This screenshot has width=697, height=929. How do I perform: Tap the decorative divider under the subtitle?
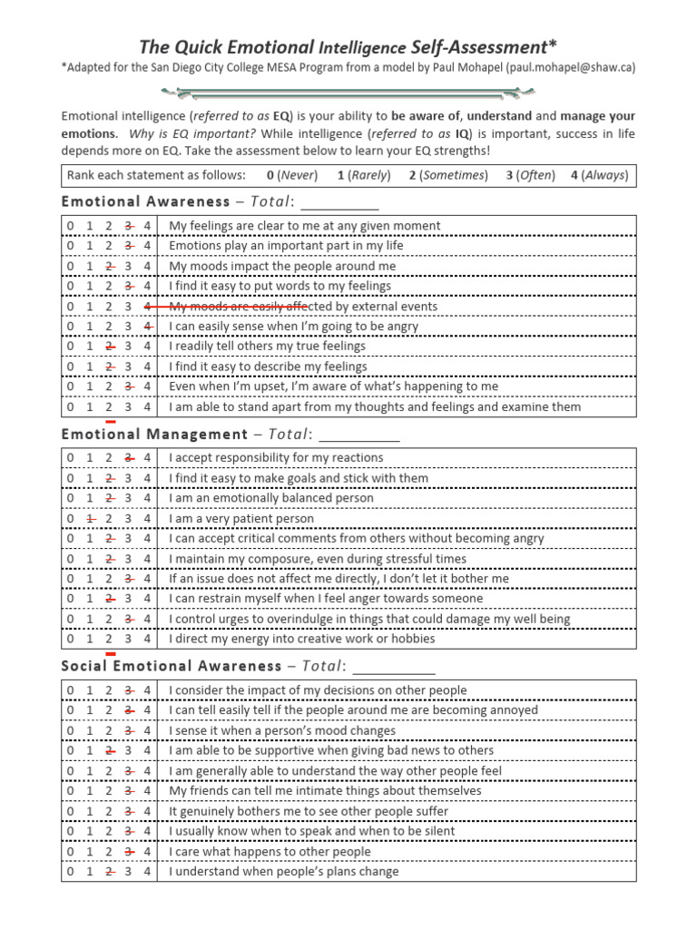(x=348, y=92)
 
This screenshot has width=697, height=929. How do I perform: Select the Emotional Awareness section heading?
(x=145, y=201)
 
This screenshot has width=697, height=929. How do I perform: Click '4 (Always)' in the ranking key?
(x=599, y=175)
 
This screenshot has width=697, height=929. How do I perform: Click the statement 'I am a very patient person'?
(x=241, y=519)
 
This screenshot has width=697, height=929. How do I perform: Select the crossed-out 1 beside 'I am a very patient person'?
(x=91, y=519)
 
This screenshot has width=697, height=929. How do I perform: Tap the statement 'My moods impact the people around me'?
(x=282, y=266)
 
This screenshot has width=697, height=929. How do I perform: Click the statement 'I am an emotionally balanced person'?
(x=271, y=498)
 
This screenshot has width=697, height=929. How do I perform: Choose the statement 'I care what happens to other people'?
(x=270, y=852)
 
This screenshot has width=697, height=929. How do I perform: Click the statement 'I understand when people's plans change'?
(x=283, y=872)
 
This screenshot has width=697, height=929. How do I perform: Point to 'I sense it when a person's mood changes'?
(x=282, y=730)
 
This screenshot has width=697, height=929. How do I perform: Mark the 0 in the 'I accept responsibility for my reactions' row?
(x=71, y=457)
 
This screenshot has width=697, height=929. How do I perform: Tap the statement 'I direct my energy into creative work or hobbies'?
(x=302, y=639)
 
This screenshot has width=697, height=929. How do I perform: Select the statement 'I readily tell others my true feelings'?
(x=268, y=346)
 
